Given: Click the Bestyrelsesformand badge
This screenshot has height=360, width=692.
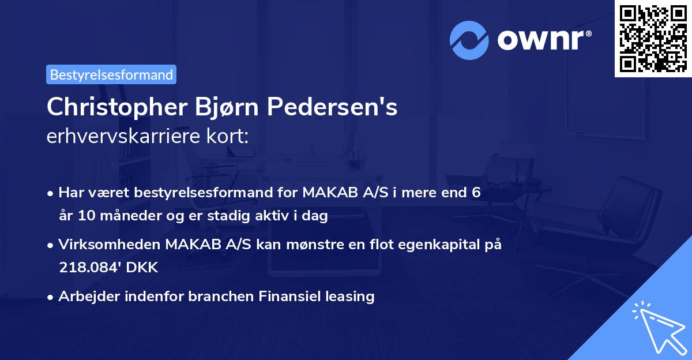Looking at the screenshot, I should point(111,74).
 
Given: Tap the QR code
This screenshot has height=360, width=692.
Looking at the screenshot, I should point(652,39).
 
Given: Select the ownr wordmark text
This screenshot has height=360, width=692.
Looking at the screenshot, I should point(543,39).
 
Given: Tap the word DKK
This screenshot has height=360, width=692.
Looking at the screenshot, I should point(142,268).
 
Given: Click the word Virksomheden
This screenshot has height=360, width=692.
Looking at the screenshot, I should point(110,245).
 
